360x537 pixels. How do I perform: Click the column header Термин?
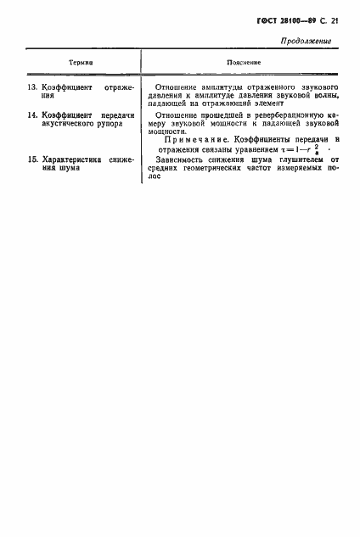pos(81,64)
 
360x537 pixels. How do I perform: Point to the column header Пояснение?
pos(243,64)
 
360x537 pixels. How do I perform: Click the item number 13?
pos(32,87)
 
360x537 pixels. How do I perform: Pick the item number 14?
pos(32,115)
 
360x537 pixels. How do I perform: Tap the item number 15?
pos(32,159)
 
